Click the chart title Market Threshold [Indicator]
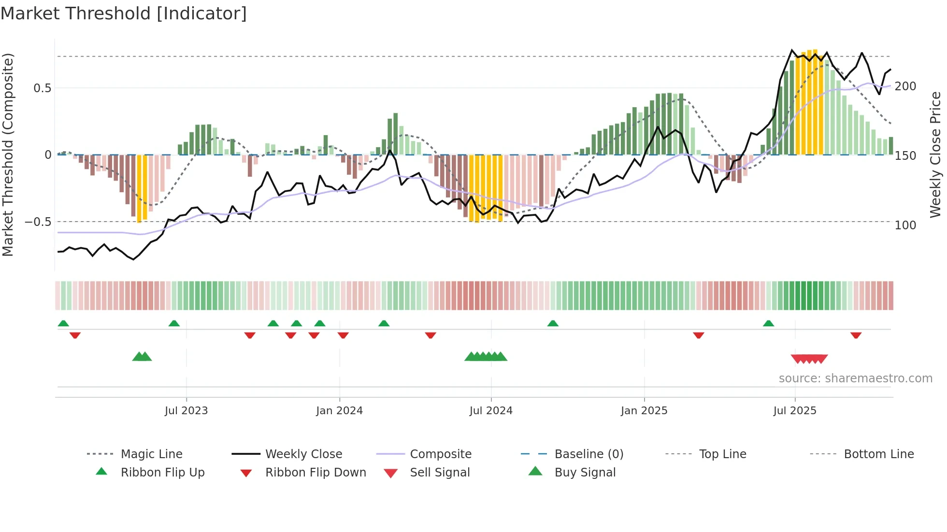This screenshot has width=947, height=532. click(x=124, y=14)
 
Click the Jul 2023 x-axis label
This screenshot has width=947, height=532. click(x=186, y=411)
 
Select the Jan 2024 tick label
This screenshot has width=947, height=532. click(x=339, y=411)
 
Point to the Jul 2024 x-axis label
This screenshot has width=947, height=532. click(x=491, y=411)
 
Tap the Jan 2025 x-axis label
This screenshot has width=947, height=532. click(x=644, y=411)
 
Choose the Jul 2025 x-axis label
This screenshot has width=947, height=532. click(x=795, y=411)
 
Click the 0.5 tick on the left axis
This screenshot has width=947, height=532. click(x=43, y=88)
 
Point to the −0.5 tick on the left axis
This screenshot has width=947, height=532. click(x=38, y=222)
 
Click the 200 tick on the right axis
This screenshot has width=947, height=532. click(x=905, y=86)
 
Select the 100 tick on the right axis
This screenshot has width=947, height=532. click(x=905, y=225)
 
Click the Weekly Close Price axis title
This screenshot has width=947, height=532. click(x=936, y=154)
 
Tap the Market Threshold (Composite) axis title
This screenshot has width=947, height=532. click(x=8, y=154)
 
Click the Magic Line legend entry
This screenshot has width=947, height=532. click(x=151, y=454)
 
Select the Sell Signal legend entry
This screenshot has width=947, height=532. click(x=440, y=473)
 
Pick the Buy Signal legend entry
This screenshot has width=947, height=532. click(x=585, y=473)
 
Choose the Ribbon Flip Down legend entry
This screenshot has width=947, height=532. click(x=316, y=473)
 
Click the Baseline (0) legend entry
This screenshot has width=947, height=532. click(x=588, y=454)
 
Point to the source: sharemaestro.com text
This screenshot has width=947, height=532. click(x=855, y=378)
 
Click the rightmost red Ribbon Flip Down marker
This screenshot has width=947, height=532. click(x=856, y=335)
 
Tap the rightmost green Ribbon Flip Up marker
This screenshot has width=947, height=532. click(x=768, y=323)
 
